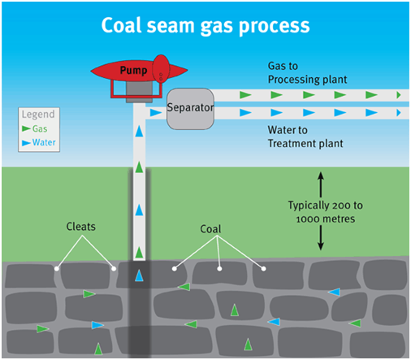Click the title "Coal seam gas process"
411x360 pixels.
(205, 26)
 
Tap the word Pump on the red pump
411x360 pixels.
(133, 71)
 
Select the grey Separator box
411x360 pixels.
(190, 109)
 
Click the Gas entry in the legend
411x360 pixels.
(35, 128)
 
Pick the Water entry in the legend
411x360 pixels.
(39, 142)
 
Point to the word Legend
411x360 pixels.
(38, 115)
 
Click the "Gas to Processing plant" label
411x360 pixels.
(307, 72)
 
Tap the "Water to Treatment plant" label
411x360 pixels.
(305, 137)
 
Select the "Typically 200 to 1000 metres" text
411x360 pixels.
(325, 212)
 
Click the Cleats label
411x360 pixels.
(81, 227)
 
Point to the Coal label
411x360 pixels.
(210, 229)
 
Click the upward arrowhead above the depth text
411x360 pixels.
(321, 176)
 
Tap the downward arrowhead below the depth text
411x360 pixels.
(321, 246)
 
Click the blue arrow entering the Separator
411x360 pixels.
(155, 112)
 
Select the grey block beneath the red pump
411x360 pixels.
(139, 92)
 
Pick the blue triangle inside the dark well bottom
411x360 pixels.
(139, 275)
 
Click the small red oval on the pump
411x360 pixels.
(161, 68)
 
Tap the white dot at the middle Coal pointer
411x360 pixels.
(219, 269)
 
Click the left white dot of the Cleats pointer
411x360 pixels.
(57, 269)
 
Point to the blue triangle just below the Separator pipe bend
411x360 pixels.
(139, 131)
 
